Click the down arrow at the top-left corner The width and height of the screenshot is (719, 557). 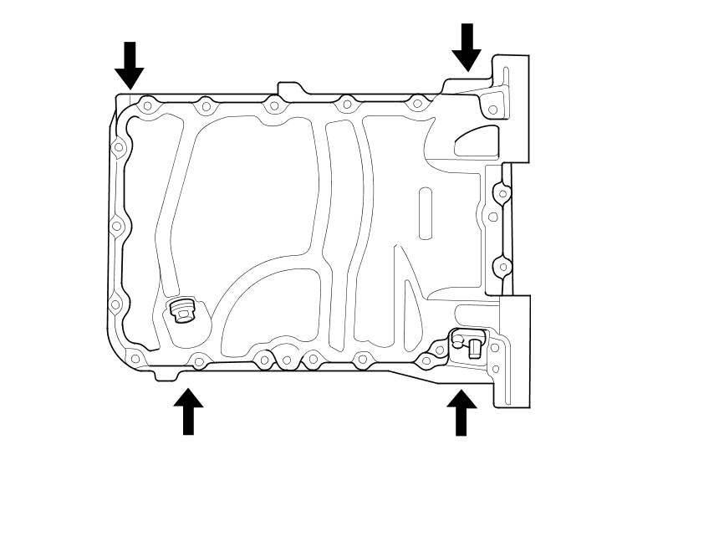129,65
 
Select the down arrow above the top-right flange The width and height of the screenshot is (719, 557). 467,47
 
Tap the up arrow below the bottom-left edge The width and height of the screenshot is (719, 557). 188,411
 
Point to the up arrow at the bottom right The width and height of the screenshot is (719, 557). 461,411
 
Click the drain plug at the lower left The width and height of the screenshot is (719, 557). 182,311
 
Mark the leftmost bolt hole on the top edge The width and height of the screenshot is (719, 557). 147,106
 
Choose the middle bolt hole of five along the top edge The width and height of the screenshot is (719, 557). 273,106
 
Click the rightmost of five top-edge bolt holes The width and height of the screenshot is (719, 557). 418,105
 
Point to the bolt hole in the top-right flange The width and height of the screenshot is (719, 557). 492,110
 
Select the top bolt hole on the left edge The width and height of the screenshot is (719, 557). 119,148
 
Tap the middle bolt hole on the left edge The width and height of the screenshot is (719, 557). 117,226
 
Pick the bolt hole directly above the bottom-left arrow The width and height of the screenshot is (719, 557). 199,361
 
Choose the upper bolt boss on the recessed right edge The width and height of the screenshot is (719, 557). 502,194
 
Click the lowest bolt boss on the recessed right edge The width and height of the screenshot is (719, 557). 502,267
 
